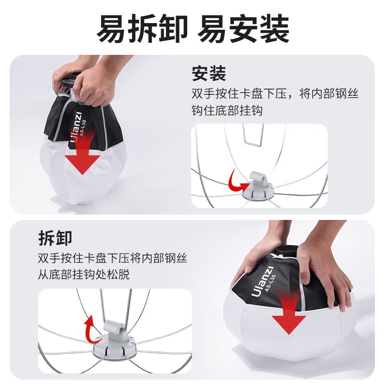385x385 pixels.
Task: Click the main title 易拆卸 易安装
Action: point(193,28)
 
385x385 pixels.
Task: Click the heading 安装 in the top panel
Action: point(209,74)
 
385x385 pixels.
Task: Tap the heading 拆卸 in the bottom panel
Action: point(55,238)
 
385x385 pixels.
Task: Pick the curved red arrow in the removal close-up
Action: point(90,329)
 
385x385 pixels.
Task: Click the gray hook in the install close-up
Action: point(258,179)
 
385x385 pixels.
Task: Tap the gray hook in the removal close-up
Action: point(114,329)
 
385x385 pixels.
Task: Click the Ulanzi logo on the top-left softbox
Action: point(76,127)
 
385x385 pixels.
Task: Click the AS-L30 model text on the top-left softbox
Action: point(83,128)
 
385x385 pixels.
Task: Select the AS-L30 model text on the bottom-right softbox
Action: point(270,283)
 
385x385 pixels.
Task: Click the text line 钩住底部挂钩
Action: point(227,110)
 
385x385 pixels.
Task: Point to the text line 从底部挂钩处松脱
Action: point(84,274)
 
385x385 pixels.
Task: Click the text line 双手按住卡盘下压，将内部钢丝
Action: point(275,93)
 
